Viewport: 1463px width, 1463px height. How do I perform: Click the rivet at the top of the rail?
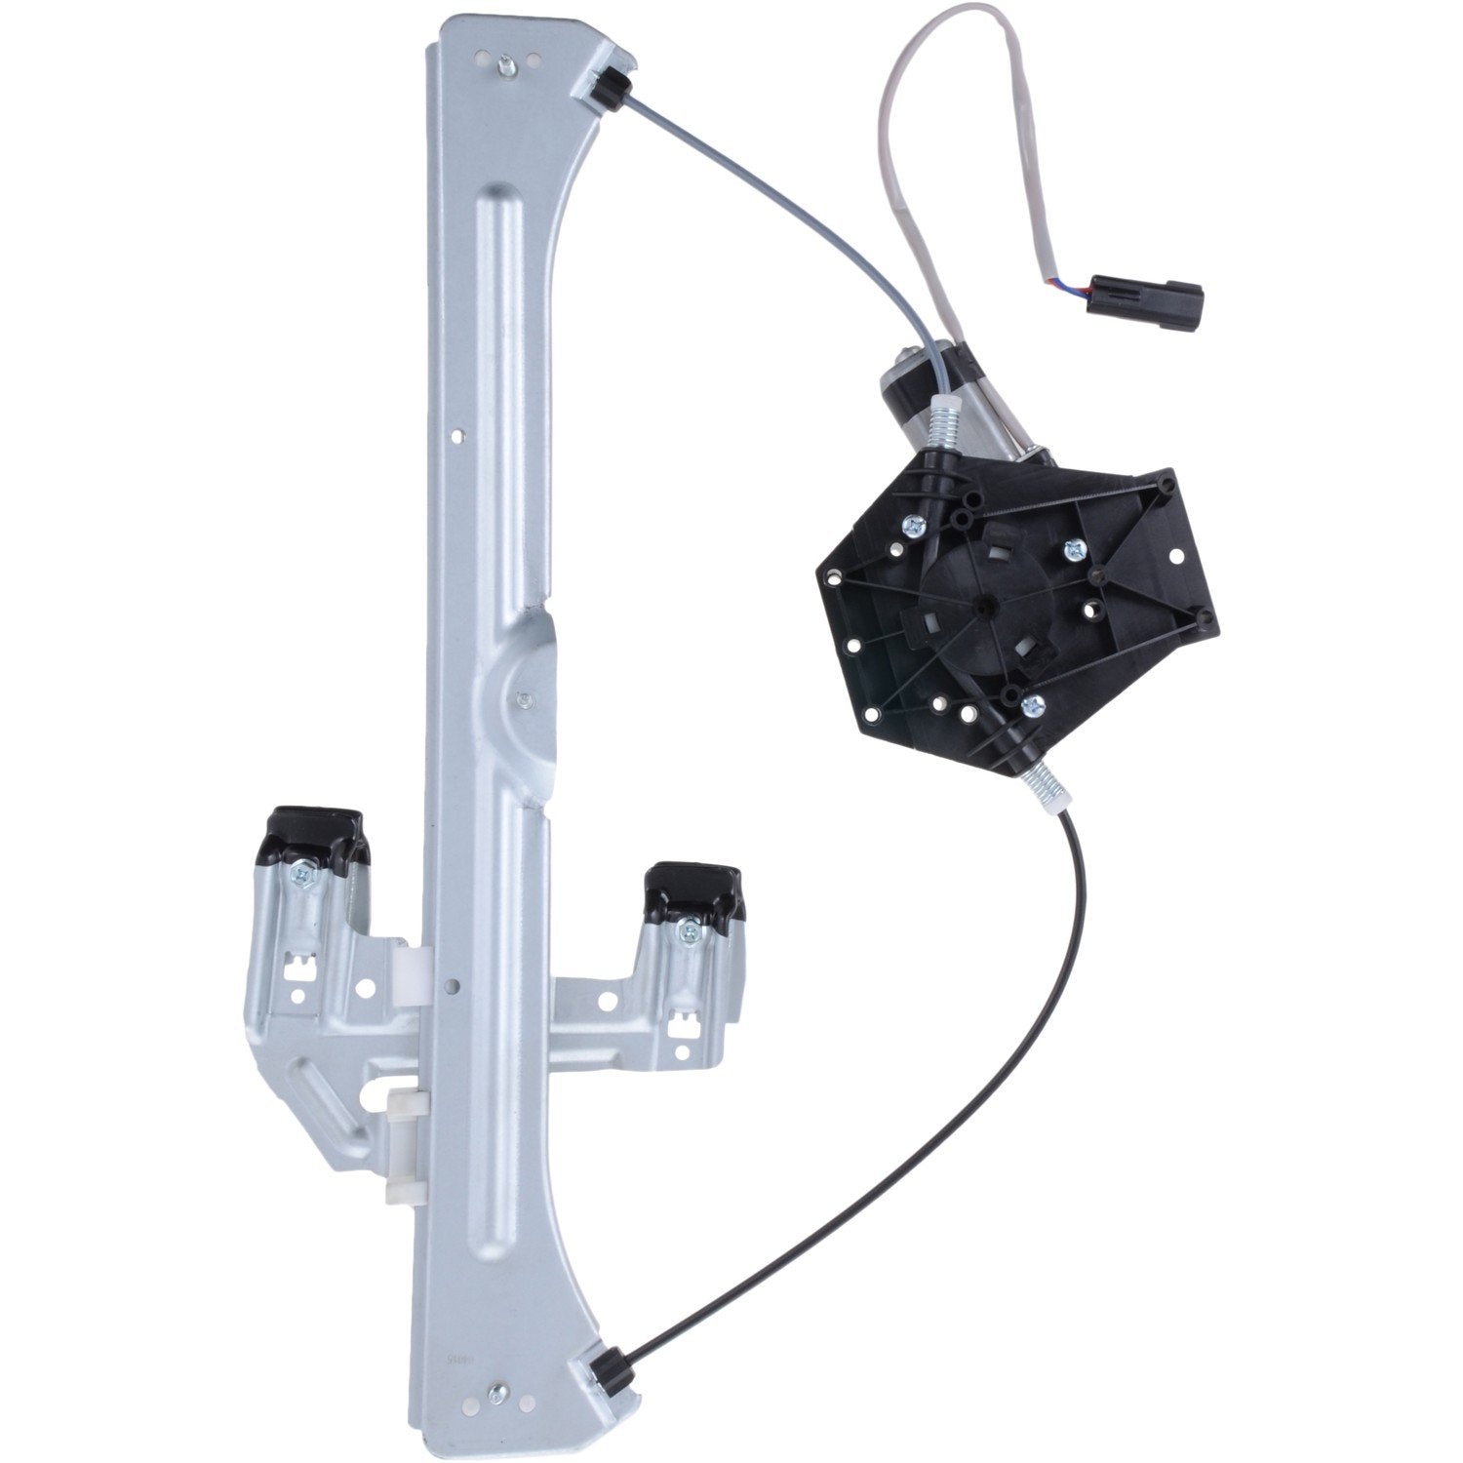pos(506,66)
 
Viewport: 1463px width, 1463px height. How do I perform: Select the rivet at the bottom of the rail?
pos(501,1392)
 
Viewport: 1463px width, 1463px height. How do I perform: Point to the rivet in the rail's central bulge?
pos(525,698)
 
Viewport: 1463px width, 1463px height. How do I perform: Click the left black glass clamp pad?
pos(312,834)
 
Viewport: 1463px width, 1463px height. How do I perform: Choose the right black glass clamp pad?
pos(693,889)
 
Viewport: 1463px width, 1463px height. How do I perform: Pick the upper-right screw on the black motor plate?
pos(1076,548)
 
